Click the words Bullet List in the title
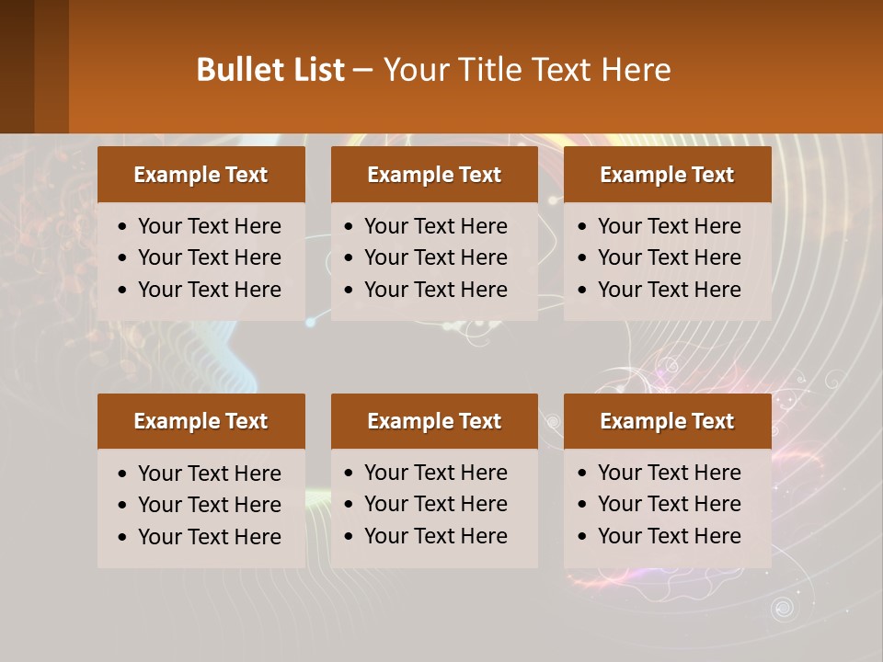tap(269, 70)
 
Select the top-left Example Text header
tap(201, 175)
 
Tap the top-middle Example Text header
tap(434, 175)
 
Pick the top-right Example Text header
tap(667, 175)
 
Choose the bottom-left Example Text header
tap(201, 421)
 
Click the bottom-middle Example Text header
tap(434, 421)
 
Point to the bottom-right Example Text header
tap(667, 421)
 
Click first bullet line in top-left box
tap(209, 226)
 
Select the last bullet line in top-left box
tap(209, 290)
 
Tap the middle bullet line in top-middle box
tap(435, 257)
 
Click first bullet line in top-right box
tap(669, 226)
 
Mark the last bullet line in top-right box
tap(669, 290)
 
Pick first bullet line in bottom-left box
tap(209, 474)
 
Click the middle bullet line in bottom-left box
tap(209, 505)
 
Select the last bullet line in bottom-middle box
tap(435, 536)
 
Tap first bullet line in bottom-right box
tap(669, 473)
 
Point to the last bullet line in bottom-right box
tap(669, 536)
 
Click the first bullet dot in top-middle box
tap(349, 227)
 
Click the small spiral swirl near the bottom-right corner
tap(783, 608)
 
